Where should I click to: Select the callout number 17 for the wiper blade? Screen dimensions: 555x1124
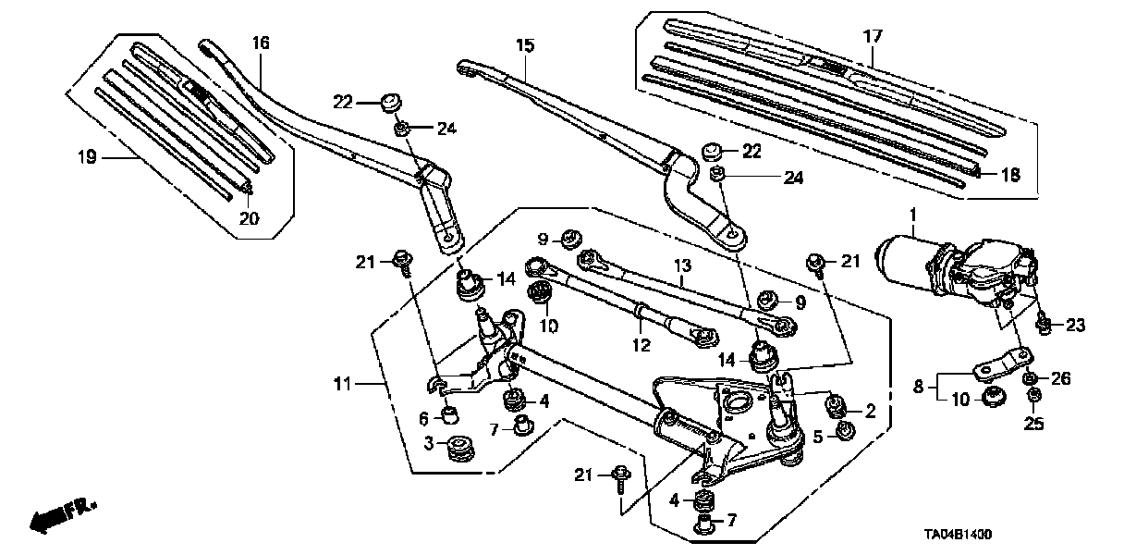point(873,37)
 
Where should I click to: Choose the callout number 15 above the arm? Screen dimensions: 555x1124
point(525,44)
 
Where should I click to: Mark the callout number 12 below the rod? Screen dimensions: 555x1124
point(641,347)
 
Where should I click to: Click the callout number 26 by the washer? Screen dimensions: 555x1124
point(1060,377)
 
